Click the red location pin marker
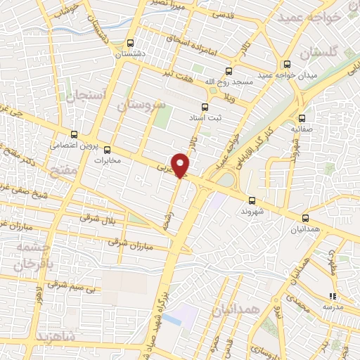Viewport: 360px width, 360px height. (181, 165)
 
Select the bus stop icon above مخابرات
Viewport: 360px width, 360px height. (108, 149)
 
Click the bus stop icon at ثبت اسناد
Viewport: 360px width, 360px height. (205, 107)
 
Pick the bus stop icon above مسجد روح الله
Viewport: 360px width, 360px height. (228, 70)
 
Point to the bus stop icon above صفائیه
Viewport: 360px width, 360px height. (302, 118)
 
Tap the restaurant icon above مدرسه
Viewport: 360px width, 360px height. (333, 296)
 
